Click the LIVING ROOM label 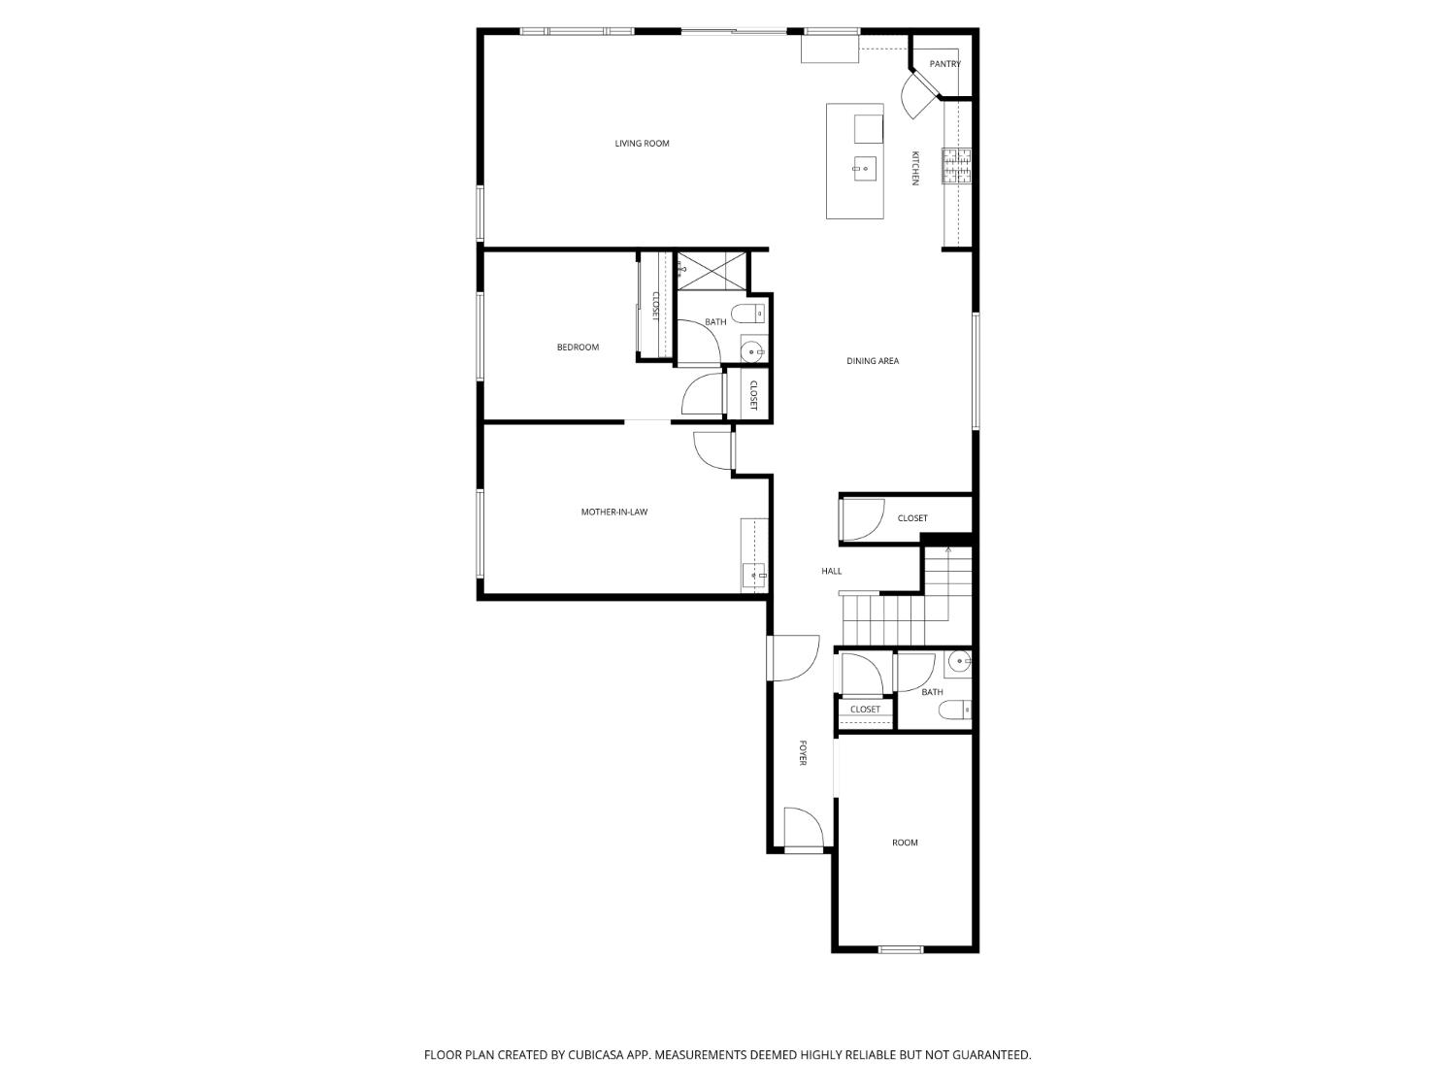[x=642, y=144]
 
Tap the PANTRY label [x=944, y=64]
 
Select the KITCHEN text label [x=914, y=168]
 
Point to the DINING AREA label [x=873, y=361]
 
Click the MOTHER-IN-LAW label [x=613, y=512]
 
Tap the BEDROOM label [x=578, y=347]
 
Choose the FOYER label [x=803, y=752]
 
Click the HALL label [x=831, y=572]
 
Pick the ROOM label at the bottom [x=905, y=843]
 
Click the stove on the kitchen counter [x=956, y=166]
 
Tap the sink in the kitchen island [x=864, y=169]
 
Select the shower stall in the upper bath [x=712, y=270]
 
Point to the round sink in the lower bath [x=959, y=663]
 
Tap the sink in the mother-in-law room [x=753, y=576]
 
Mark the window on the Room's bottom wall [x=901, y=949]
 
